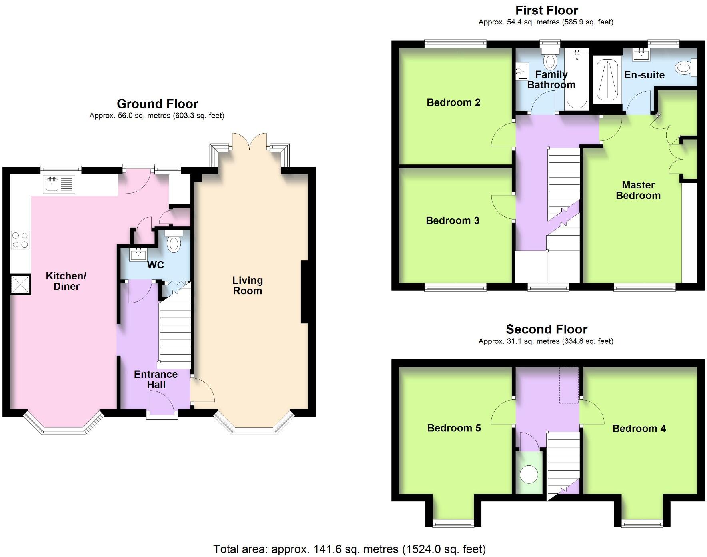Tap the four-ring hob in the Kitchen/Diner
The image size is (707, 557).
pyautogui.click(x=20, y=239)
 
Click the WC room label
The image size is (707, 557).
pyautogui.click(x=155, y=265)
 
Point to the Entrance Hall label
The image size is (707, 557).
pyautogui.click(x=156, y=379)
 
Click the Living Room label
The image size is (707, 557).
pyautogui.click(x=248, y=285)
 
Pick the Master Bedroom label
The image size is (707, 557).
pyautogui.click(x=638, y=190)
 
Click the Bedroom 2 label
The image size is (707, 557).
pyautogui.click(x=453, y=102)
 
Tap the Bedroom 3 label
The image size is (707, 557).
pyautogui.click(x=452, y=220)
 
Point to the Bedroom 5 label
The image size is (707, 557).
pyautogui.click(x=454, y=428)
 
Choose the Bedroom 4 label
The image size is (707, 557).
pyautogui.click(x=639, y=428)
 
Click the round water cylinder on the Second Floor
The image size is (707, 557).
pyautogui.click(x=529, y=475)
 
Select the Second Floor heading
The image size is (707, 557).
pyautogui.click(x=546, y=329)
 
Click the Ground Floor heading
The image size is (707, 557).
pyautogui.click(x=157, y=104)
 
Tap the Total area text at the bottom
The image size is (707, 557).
pyautogui.click(x=349, y=549)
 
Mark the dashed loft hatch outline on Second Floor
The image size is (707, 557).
pyautogui.click(x=569, y=385)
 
